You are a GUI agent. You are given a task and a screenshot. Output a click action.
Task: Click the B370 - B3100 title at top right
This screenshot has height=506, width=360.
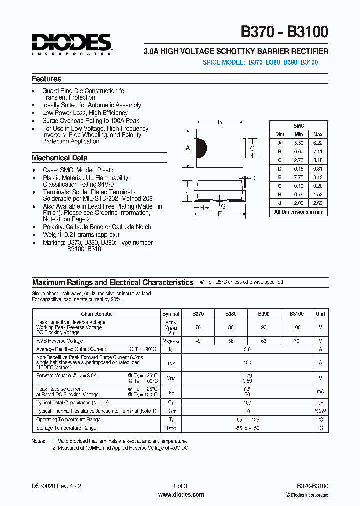click(x=285, y=32)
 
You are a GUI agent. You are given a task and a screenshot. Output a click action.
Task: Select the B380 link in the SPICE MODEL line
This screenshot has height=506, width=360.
click(x=273, y=62)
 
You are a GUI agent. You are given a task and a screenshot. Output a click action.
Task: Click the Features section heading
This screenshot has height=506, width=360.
click(x=47, y=79)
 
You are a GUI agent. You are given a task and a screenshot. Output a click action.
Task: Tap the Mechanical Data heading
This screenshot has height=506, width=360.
click(x=59, y=158)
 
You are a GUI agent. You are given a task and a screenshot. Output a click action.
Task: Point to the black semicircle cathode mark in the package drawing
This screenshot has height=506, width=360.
click(x=201, y=148)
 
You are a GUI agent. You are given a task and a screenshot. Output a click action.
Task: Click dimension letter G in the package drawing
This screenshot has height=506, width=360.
click(x=223, y=206)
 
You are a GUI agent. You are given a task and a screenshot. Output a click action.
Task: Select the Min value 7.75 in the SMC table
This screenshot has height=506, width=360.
click(x=299, y=177)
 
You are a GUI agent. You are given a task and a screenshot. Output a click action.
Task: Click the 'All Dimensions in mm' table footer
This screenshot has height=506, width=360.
click(x=299, y=212)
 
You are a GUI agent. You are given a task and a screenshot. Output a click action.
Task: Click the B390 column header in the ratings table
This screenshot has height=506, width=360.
click(x=264, y=314)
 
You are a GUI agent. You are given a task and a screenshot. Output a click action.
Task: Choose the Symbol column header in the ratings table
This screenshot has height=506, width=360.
click(x=171, y=314)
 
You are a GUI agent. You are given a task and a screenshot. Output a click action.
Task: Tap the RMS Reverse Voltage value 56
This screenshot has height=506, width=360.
click(x=231, y=341)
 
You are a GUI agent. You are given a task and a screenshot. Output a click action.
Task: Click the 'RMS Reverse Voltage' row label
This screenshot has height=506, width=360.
click(x=59, y=341)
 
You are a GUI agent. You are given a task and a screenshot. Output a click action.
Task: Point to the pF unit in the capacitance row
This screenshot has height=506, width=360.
click(x=320, y=402)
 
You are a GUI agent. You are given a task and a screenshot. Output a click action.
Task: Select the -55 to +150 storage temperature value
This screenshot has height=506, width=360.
click(x=247, y=428)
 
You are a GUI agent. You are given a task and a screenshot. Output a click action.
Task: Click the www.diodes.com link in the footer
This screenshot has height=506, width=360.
click(x=181, y=495)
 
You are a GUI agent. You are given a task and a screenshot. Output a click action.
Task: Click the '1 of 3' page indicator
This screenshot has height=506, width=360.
click(x=180, y=486)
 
